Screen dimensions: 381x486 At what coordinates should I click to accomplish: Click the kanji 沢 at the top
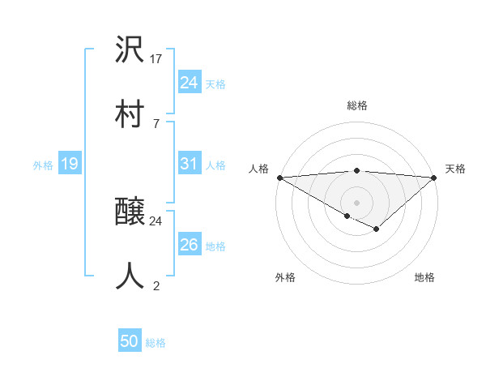coord(130,51)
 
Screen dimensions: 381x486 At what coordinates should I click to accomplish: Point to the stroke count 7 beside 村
coord(156,123)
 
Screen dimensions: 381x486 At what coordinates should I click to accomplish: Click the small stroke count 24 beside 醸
coord(156,220)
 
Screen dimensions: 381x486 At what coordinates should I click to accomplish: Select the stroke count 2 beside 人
coord(156,285)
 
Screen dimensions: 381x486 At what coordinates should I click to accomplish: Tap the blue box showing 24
coord(189,83)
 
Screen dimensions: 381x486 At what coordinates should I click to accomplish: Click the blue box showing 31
coord(189,164)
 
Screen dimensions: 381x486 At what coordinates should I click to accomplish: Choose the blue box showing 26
coord(189,245)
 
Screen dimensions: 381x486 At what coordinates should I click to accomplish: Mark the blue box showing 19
coord(70,164)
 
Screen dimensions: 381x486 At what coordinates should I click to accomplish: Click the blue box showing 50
coord(130,341)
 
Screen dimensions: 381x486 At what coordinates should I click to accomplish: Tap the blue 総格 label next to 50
coord(156,343)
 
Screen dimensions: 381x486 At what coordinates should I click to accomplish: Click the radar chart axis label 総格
coord(356,105)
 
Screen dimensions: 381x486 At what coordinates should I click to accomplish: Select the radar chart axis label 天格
coord(456,169)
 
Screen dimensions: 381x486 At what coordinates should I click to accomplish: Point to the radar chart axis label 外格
coord(285,278)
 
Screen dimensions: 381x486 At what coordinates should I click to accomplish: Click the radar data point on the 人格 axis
coord(279,177)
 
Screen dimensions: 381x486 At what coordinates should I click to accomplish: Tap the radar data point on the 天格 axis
coord(434,177)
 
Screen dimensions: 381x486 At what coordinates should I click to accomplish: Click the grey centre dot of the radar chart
coord(356,202)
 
